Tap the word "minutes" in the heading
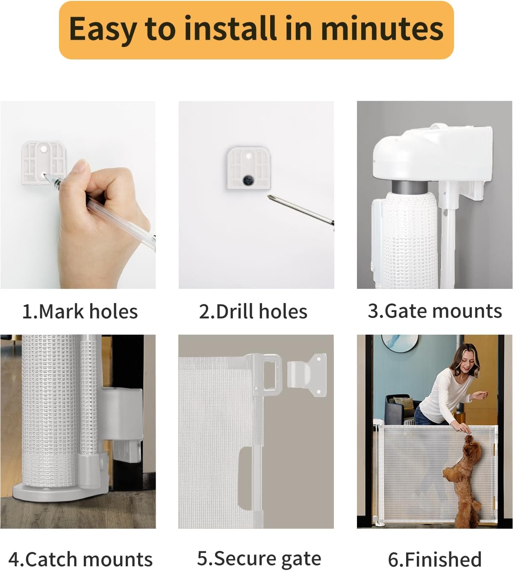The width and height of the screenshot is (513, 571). (382, 29)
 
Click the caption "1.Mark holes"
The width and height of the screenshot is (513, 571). (80, 312)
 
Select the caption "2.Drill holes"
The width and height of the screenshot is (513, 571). (253, 312)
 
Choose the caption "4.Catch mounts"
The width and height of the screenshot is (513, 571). (80, 559)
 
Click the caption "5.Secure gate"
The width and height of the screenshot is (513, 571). (259, 558)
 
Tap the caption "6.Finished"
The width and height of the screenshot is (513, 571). (434, 559)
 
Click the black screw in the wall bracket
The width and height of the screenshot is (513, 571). (248, 180)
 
